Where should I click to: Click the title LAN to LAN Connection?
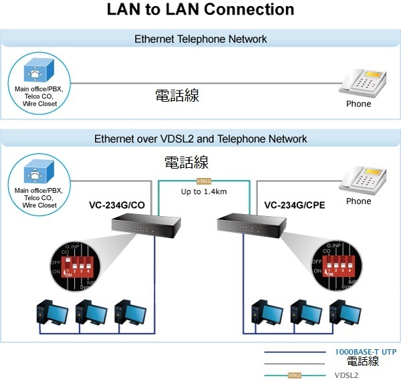click(x=200, y=10)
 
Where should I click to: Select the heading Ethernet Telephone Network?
click(x=200, y=39)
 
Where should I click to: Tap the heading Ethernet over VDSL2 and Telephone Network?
click(x=200, y=139)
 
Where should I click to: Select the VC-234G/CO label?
click(x=118, y=205)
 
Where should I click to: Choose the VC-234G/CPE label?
click(x=295, y=205)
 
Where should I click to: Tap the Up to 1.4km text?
click(x=204, y=192)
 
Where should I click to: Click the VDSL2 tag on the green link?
click(x=204, y=181)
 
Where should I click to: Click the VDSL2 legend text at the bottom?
click(x=346, y=375)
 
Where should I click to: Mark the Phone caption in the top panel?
click(x=358, y=104)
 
